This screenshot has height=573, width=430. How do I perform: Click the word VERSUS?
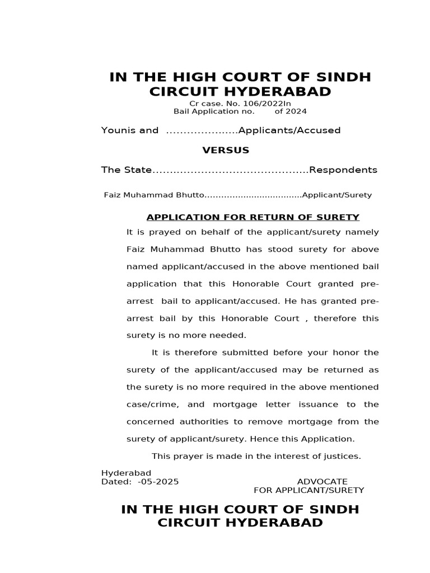click(x=226, y=151)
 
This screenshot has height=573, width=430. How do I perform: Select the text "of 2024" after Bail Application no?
click(x=290, y=111)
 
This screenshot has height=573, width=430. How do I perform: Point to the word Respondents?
click(x=343, y=170)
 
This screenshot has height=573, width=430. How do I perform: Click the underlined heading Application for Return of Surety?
click(x=253, y=217)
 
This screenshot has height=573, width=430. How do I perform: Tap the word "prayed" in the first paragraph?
click(x=166, y=232)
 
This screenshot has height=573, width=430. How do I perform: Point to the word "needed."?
click(x=228, y=336)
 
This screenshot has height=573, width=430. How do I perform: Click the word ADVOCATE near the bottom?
click(x=322, y=482)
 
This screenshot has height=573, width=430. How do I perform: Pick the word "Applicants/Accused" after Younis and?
click(x=289, y=130)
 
